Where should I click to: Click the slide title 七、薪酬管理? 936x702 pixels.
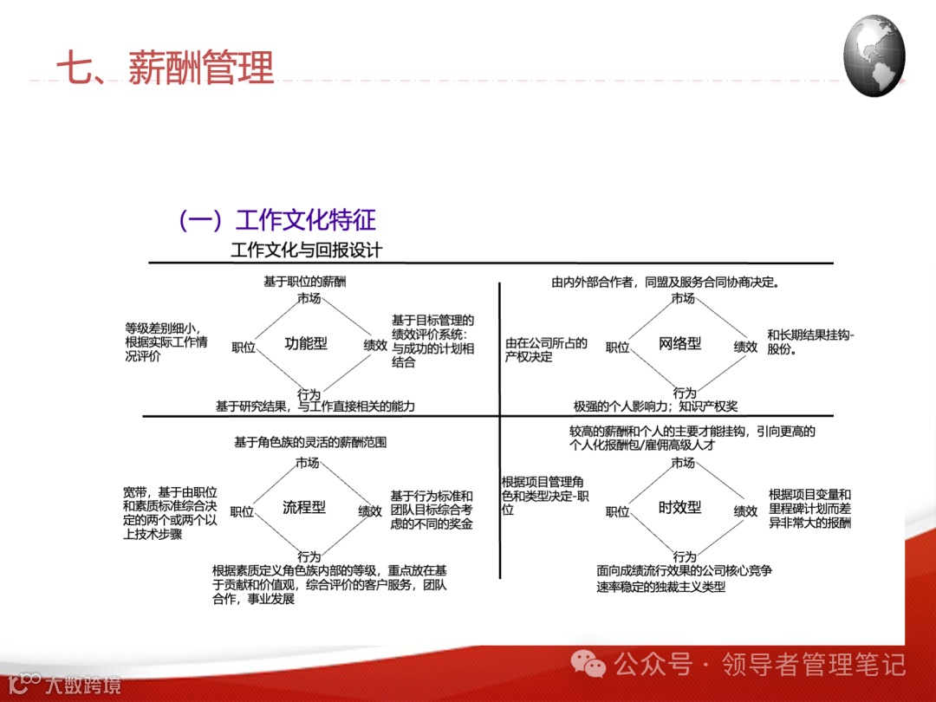tap(165, 68)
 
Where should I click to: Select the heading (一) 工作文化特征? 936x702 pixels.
tap(276, 220)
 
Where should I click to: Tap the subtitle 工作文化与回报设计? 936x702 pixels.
tap(306, 250)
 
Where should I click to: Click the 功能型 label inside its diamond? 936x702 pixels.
tap(306, 343)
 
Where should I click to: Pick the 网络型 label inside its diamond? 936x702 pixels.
tap(680, 343)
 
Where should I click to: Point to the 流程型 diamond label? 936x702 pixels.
tap(304, 507)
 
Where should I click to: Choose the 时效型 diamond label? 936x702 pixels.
tap(680, 507)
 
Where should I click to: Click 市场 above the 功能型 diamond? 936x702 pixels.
tap(309, 299)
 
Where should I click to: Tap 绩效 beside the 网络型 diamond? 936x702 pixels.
tap(745, 347)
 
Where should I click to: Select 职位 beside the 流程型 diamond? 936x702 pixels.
tap(242, 511)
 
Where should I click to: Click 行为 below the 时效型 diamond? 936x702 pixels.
tap(685, 556)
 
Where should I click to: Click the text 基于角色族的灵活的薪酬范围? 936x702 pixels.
tap(310, 442)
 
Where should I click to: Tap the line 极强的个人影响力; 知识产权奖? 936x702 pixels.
tap(655, 406)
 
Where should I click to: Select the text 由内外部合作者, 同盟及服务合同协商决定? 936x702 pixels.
tap(666, 282)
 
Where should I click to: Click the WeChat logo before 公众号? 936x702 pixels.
tap(594, 665)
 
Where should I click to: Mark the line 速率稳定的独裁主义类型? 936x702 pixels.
tap(660, 587)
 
